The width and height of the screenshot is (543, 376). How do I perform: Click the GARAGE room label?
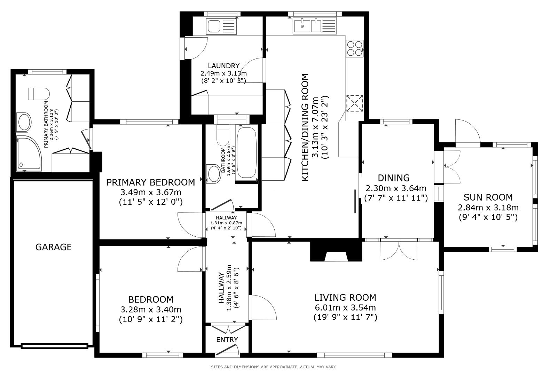53,247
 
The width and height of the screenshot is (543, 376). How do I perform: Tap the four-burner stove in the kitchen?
354,48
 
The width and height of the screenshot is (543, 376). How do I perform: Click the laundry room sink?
221,26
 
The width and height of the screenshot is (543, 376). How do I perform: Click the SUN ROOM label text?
488,197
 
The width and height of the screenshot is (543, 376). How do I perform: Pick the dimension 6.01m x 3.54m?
345,307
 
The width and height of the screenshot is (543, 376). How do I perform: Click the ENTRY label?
227,339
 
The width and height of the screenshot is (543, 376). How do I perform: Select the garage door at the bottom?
54,346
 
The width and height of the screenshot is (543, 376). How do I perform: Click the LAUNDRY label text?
223,66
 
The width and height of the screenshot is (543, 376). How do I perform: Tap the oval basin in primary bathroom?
24,122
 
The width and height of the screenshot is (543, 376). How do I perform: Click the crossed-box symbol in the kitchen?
354,103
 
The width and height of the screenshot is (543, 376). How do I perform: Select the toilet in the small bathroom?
221,136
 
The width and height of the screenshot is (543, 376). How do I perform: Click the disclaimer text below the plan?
274,367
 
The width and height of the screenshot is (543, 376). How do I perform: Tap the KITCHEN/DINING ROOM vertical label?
305,127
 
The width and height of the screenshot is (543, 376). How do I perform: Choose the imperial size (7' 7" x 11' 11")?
395,198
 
